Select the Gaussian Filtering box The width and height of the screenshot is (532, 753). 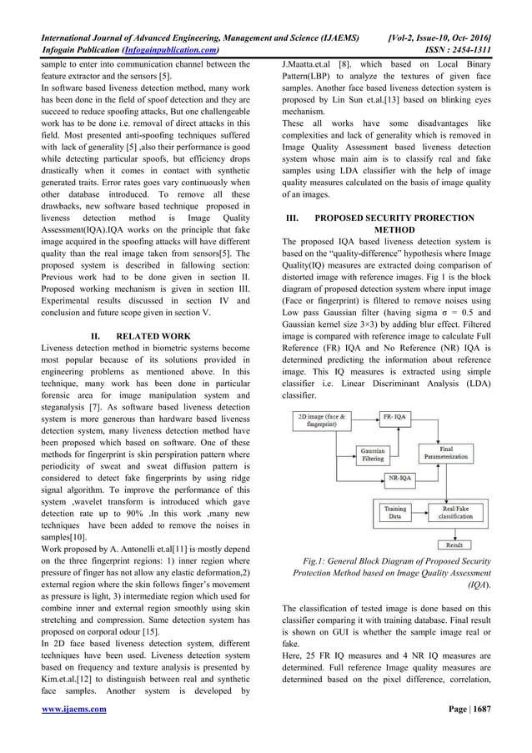pos(372,454)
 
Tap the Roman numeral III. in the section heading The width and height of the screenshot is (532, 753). pos(292,218)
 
